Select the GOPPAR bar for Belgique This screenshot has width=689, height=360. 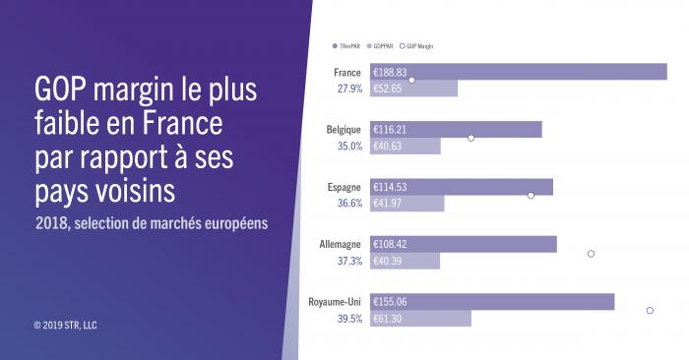click(x=405, y=147)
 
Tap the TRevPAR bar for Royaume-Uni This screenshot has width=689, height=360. click(x=491, y=302)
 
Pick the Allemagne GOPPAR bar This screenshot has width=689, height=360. click(x=405, y=261)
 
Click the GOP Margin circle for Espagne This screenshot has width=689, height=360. click(x=531, y=196)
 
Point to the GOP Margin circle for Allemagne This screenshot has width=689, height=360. click(x=591, y=254)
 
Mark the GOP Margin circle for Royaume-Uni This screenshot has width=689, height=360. click(x=650, y=311)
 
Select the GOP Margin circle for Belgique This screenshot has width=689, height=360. click(x=471, y=138)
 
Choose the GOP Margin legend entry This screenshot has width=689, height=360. click(x=416, y=46)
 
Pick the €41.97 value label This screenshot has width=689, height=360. click(x=389, y=204)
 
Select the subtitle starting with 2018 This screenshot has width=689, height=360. click(x=150, y=223)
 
